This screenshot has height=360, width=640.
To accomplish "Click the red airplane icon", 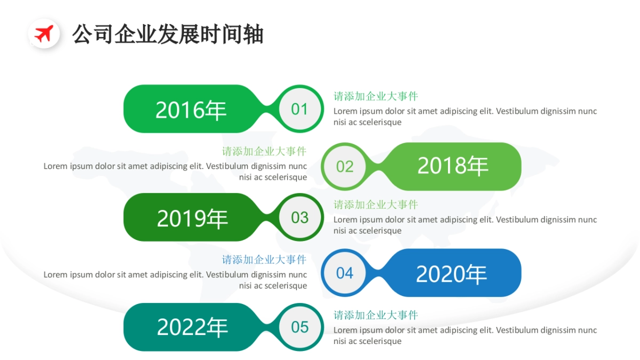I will [x=43, y=34].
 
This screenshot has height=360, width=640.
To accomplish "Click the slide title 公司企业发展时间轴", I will [x=168, y=34].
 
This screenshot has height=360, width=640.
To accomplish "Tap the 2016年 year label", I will [x=191, y=110].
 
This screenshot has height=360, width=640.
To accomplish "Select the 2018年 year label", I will [x=452, y=166].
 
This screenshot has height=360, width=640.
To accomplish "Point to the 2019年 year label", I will [x=192, y=218].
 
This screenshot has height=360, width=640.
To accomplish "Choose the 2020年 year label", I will [x=451, y=274].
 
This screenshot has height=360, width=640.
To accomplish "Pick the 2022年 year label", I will [x=192, y=327].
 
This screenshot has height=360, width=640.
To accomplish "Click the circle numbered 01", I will [x=300, y=109].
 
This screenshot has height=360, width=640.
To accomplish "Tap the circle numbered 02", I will [x=345, y=166].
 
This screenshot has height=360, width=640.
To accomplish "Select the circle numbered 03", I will [x=300, y=218].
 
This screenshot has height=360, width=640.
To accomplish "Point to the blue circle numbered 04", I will [x=345, y=273].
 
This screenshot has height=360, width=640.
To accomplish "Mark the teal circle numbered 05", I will [x=300, y=327].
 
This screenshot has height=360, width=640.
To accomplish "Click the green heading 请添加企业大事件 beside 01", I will [x=375, y=97].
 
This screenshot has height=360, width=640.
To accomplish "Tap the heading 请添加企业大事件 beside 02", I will [x=264, y=151].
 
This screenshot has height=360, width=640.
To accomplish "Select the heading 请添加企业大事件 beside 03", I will [x=375, y=205].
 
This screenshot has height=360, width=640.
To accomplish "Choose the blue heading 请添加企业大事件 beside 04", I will [x=264, y=260].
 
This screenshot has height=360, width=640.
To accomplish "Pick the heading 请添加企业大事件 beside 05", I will [x=375, y=315].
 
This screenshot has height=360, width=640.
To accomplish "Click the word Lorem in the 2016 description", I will [x=345, y=111].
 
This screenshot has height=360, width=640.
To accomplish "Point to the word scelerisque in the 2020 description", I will [x=286, y=286].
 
